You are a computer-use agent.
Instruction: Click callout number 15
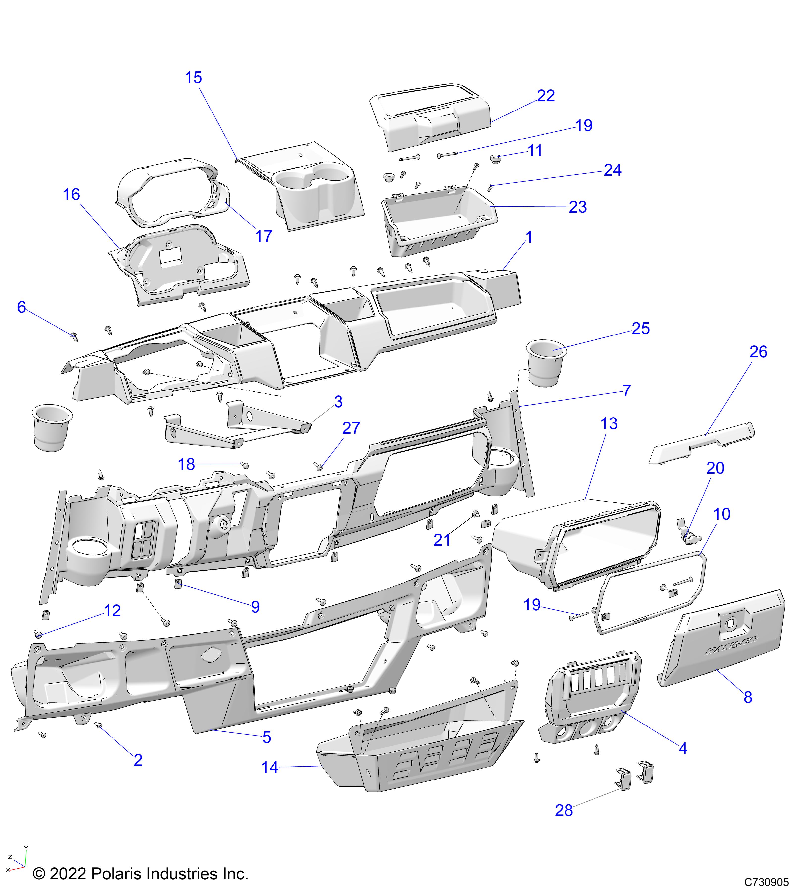[193, 78]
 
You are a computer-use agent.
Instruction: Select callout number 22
[545, 96]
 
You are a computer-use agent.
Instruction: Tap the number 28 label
[564, 810]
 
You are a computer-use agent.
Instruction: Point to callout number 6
[21, 307]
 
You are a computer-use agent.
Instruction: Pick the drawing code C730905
[766, 882]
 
